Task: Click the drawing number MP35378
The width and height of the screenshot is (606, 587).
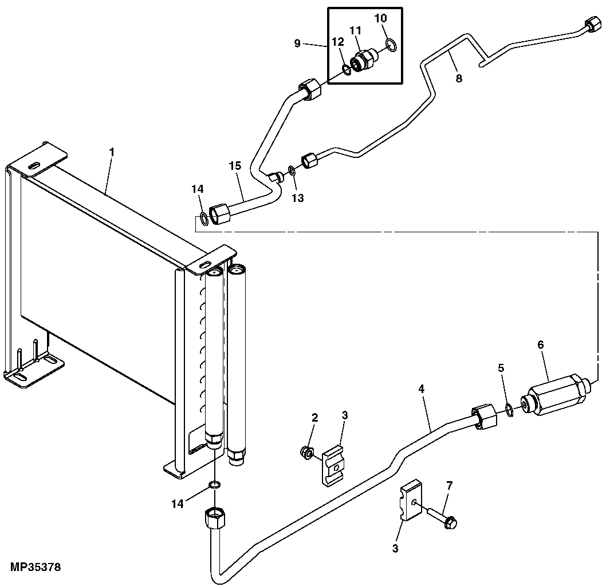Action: [36, 568]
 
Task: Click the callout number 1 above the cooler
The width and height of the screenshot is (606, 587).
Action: [112, 152]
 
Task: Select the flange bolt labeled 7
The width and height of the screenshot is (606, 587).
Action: [443, 518]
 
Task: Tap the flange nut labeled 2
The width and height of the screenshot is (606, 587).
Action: [306, 453]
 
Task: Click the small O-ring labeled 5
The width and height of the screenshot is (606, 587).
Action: [509, 410]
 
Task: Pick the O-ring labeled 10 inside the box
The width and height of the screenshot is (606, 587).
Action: [391, 45]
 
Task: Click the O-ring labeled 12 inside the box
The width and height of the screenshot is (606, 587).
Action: [347, 70]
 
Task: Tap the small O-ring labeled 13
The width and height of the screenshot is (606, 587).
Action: [292, 170]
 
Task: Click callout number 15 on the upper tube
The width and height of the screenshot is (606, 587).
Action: [235, 166]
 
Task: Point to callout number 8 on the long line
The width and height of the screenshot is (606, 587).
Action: [459, 78]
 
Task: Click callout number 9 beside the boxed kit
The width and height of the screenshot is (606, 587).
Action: [297, 43]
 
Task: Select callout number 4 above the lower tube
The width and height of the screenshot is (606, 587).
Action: [421, 388]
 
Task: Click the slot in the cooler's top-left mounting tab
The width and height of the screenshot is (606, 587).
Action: [34, 166]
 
